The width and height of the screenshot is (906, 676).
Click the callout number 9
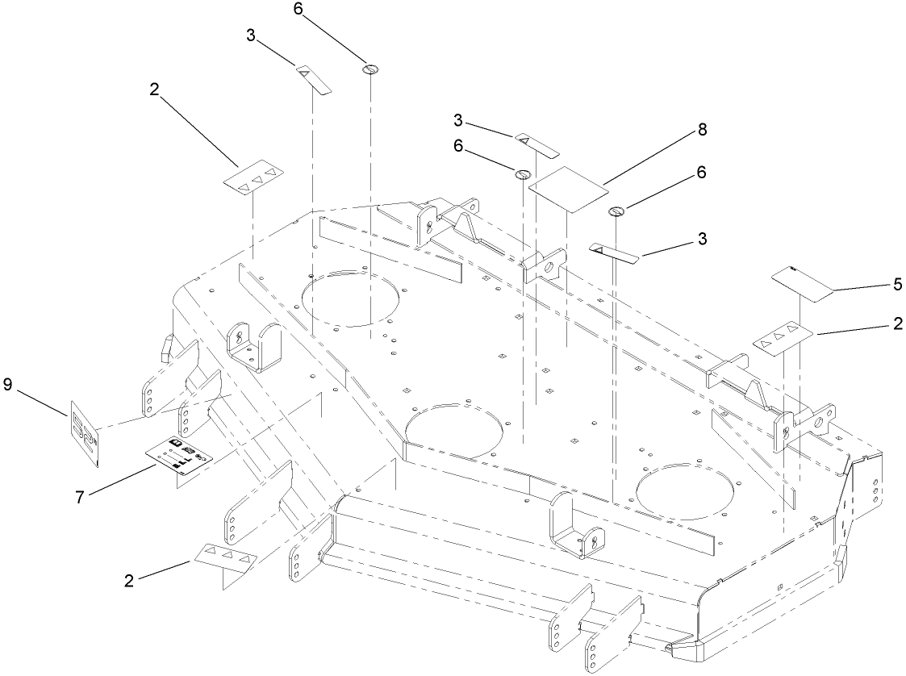coord(7,386)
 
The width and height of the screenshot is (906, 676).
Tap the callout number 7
coord(80,497)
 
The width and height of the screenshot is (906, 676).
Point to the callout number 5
coord(897,284)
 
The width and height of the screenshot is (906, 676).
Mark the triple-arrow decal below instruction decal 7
coord(225,556)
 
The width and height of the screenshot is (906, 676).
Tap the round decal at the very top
coord(370,69)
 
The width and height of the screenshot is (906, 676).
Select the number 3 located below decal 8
coord(703,239)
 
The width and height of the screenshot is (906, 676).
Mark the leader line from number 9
coord(41,401)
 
